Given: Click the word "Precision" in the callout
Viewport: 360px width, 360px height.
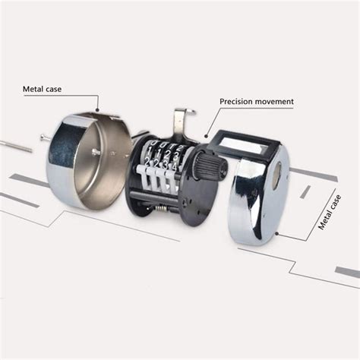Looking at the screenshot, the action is pos(236,102).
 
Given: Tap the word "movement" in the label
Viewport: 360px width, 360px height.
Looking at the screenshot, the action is pos(274,102).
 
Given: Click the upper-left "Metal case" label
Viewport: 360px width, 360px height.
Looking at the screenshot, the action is pos(42,89).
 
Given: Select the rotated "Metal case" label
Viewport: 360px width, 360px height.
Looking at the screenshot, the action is pos(330,212).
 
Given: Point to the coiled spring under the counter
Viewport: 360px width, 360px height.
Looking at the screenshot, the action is pos(163,209).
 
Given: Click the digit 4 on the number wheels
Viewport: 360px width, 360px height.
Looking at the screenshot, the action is pos(175,166).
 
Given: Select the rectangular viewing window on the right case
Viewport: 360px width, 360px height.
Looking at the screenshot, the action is pos(240,147).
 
